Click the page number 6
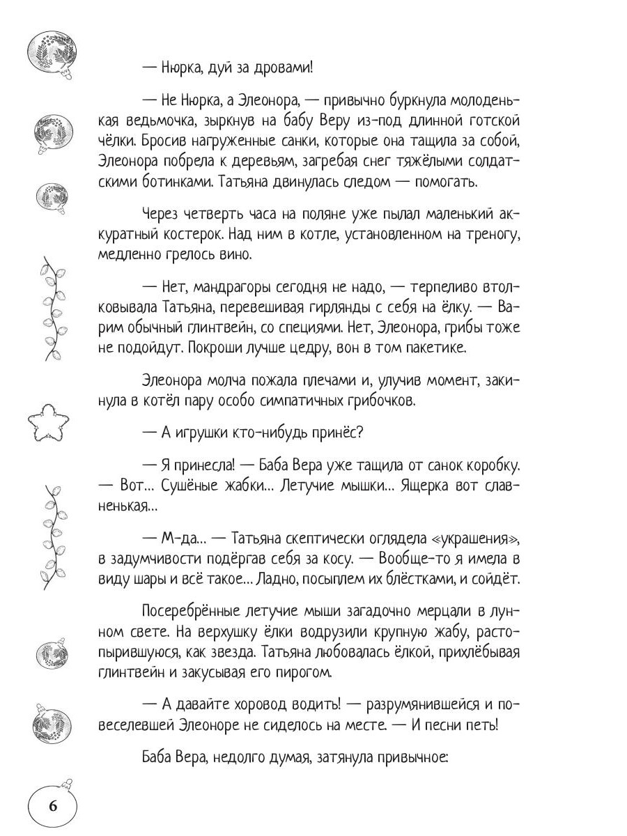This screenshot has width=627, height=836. tap(53, 807)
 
